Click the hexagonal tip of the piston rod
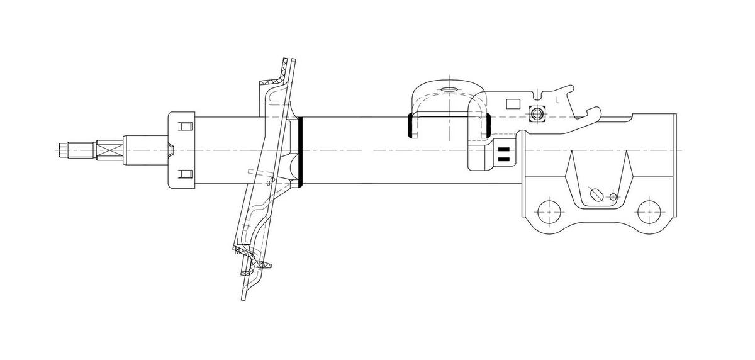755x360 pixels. click(x=62, y=150)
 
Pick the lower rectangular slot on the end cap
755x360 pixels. click(x=184, y=174)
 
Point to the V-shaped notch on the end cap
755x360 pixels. click(x=171, y=150)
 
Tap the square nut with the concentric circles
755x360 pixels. click(x=537, y=115)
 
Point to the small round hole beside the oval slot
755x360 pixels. click(x=613, y=197)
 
